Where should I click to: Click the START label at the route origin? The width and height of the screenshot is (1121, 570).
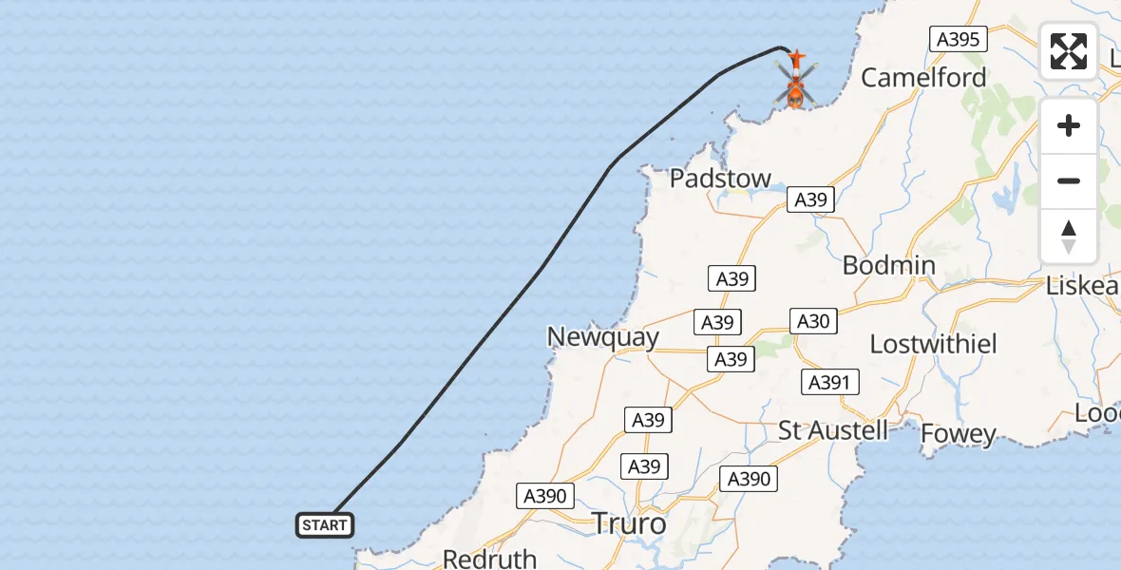[325, 525]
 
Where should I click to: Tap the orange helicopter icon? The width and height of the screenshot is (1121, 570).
[795, 80]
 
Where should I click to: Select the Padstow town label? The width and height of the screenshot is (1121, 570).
[720, 179]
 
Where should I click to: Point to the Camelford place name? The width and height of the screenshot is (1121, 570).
[923, 78]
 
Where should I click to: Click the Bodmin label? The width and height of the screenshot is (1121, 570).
[889, 265]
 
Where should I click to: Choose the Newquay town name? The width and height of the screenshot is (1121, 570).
[602, 337]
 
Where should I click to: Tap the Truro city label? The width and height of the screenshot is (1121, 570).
[629, 523]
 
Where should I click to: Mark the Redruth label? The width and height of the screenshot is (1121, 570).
[489, 559]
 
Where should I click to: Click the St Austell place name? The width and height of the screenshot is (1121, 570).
[833, 429]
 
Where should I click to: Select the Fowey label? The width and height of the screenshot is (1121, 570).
[959, 435]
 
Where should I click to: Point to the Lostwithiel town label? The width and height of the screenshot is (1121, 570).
[934, 344]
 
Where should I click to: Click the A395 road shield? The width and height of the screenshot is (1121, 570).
[959, 39]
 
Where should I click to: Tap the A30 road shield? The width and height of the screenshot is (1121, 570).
[813, 321]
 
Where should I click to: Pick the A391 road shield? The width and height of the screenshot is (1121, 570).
[830, 382]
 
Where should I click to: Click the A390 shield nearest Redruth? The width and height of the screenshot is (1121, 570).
[545, 495]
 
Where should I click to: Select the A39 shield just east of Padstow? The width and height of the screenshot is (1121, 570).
[811, 199]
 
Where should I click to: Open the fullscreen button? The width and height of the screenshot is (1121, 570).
[1069, 51]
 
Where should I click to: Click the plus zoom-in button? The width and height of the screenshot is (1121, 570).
[1069, 125]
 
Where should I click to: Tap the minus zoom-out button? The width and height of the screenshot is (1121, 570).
[1069, 180]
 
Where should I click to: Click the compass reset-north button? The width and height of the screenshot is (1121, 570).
[1069, 236]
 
